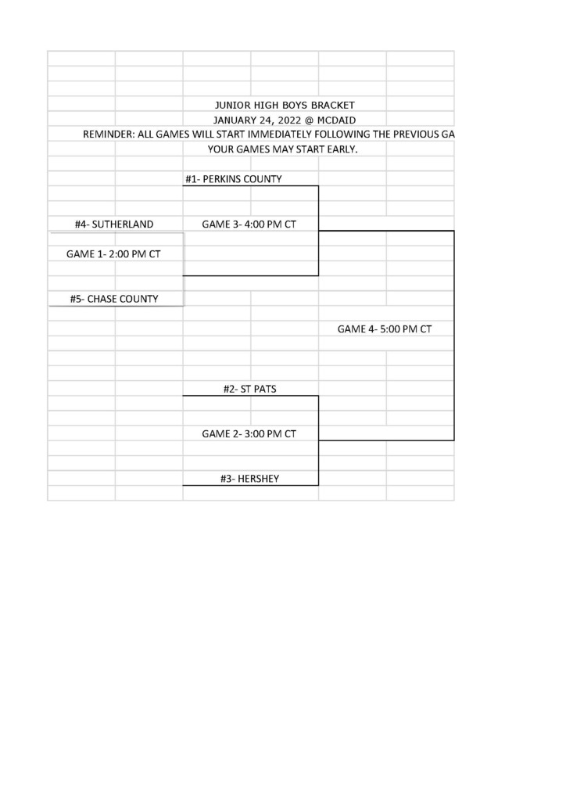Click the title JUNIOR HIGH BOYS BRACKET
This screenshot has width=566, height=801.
(285, 106)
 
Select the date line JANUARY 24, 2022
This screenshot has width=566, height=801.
(257, 120)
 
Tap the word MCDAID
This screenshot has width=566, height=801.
(336, 120)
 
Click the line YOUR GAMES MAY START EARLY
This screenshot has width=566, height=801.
(282, 149)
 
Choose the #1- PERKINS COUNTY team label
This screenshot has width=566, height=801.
(233, 179)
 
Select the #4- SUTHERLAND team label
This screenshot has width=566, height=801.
(114, 224)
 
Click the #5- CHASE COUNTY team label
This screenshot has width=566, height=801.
(114, 300)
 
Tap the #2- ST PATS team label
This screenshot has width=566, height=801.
(249, 390)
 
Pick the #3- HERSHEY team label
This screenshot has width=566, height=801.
(249, 480)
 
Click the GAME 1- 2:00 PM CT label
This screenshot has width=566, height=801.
(113, 254)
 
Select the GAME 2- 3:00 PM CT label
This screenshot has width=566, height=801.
(249, 434)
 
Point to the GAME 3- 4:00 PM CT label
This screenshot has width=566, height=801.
(249, 224)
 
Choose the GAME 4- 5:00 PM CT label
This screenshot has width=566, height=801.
(385, 329)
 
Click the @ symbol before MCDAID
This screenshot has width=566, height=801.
(310, 120)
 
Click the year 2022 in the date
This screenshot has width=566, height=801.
(290, 120)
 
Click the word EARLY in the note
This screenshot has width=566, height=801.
(342, 149)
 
